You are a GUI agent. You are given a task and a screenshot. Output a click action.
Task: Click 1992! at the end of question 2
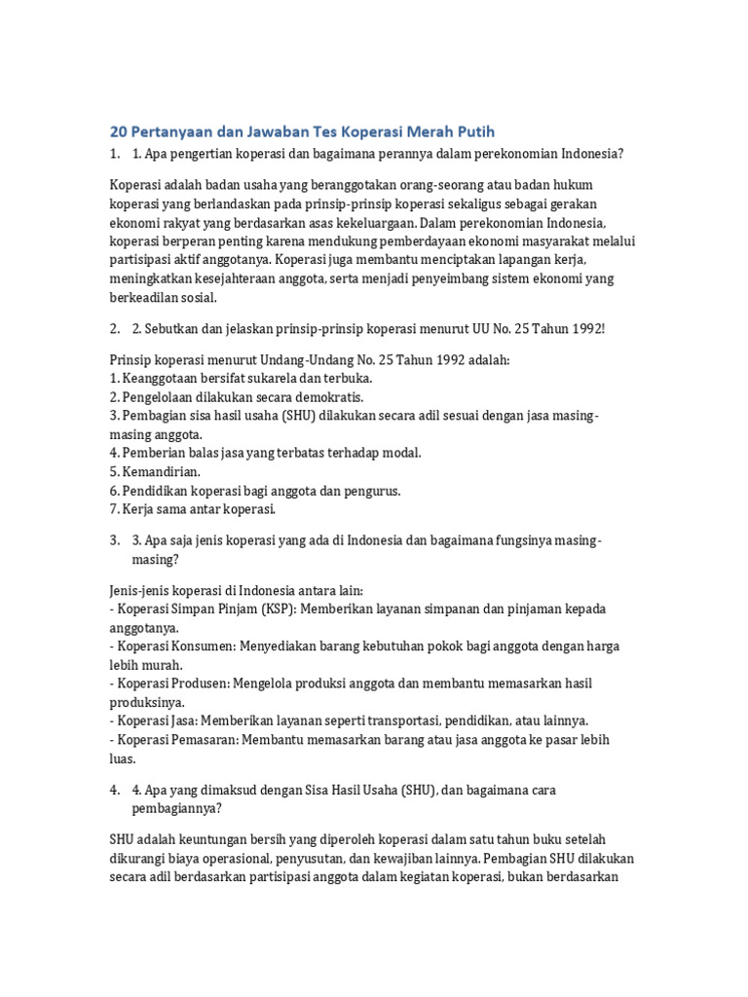pyautogui.click(x=585, y=328)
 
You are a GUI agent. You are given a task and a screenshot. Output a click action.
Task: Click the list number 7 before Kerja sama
pyautogui.click(x=112, y=509)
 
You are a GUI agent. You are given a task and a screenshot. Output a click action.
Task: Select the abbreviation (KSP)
pyautogui.click(x=281, y=609)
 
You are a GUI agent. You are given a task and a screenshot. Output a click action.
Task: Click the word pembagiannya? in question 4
pyautogui.click(x=176, y=808)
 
